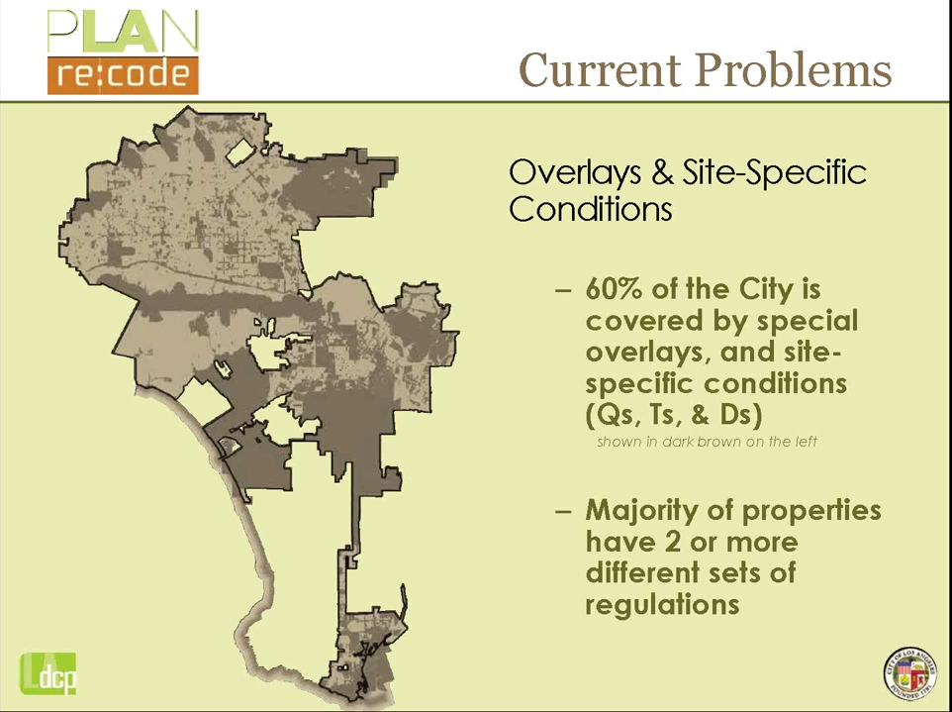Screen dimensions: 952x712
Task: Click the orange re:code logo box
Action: [123, 75]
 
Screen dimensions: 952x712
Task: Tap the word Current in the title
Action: [601, 70]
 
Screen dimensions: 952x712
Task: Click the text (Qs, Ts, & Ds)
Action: [673, 416]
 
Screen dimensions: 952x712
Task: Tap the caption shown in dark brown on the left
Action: [707, 442]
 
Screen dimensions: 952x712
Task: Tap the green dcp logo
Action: [48, 673]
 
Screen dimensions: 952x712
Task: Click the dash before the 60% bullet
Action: [563, 290]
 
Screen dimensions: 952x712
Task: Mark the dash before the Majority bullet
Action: [563, 512]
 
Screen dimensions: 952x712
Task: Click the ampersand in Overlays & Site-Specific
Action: [661, 173]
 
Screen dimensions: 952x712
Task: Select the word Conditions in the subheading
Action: [590, 209]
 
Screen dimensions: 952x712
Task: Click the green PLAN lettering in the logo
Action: [123, 32]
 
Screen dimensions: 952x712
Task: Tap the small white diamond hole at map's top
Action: [239, 152]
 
